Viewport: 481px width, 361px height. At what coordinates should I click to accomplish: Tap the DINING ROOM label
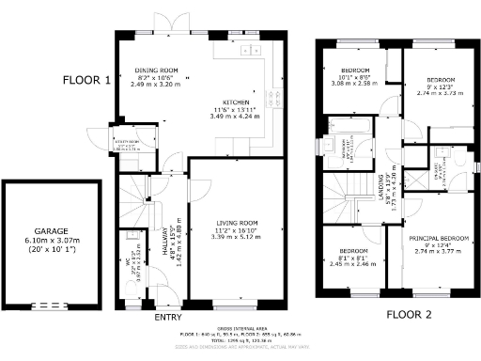155,71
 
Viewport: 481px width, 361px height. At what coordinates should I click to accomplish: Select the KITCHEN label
235,102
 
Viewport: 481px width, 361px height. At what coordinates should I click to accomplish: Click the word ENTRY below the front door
167,317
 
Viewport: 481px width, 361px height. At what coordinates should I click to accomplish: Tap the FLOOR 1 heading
86,81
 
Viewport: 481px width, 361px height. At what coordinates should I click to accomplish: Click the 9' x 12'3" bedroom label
441,81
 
